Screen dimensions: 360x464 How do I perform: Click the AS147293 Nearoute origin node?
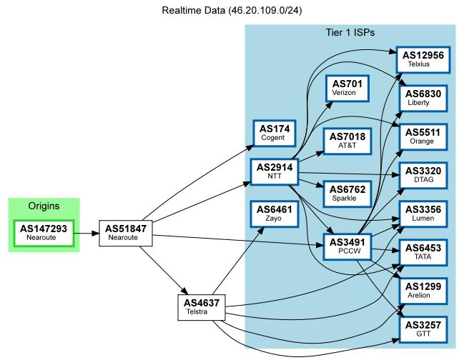[x=44, y=233]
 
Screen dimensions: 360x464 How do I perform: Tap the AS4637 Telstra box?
[x=202, y=307]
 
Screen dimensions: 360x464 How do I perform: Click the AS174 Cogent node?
[x=274, y=133]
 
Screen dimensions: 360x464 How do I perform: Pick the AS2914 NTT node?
[x=274, y=171]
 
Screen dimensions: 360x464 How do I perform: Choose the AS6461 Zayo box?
[x=274, y=213]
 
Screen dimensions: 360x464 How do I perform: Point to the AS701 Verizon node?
[x=347, y=88]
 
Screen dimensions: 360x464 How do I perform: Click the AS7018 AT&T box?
[x=347, y=141]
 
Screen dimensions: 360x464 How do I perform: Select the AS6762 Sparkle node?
[x=347, y=193]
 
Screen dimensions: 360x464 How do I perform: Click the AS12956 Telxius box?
[x=423, y=59]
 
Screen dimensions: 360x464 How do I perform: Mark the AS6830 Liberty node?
[x=423, y=98]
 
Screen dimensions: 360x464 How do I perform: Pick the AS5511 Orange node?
[x=423, y=136]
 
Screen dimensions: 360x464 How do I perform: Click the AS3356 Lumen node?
[x=423, y=214]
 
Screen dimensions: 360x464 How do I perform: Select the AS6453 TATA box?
[x=423, y=252]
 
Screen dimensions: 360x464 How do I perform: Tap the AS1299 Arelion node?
[x=423, y=291]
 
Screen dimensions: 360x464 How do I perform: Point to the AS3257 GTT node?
[x=423, y=329]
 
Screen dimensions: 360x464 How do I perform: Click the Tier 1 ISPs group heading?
[x=350, y=33]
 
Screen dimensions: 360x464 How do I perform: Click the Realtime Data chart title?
[x=232, y=11]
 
